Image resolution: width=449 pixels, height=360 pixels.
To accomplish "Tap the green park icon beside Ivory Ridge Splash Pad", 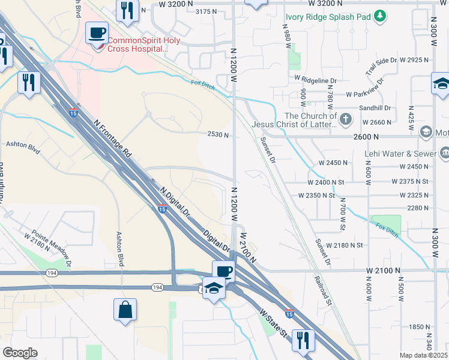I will coord(379,16).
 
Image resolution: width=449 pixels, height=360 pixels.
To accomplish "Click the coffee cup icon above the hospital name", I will coord(97,32).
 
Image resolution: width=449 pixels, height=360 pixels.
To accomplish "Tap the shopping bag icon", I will coord(125,310).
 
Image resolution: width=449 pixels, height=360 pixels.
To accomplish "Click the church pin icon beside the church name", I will coord(346,120).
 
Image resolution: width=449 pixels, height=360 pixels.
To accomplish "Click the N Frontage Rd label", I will coord(112,137).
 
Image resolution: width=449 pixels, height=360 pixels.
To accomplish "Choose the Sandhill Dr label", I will coord(375,109).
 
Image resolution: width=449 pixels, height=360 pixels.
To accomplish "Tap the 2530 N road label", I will coord(217,136).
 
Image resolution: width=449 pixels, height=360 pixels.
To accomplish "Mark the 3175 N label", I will coord(206,11).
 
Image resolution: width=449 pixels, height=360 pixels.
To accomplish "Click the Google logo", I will coord(20,353).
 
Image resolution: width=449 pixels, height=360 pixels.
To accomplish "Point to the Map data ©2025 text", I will coord(424,355).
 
